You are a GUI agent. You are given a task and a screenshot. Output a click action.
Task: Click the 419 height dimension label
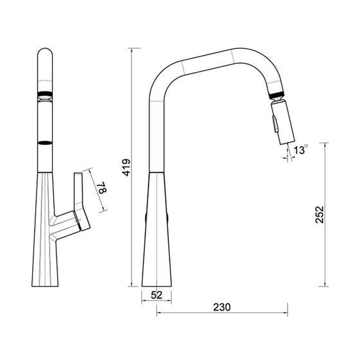pos(126,167)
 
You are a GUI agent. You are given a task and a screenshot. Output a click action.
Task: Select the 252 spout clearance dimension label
pos(319,215)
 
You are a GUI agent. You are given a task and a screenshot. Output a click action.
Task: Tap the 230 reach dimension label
pos(221,307)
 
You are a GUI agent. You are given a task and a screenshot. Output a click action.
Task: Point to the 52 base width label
pos(157,295)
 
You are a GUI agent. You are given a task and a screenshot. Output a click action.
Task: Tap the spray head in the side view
pos(283,123)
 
